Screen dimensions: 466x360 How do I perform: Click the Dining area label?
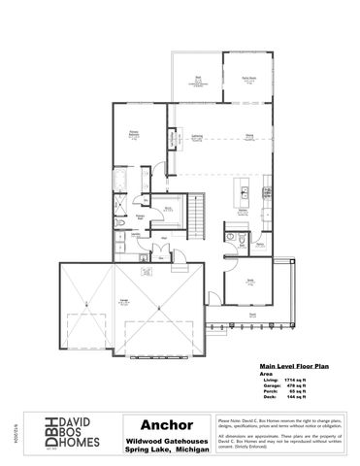coord(249,135)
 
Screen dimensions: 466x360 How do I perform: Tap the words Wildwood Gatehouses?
coord(160,440)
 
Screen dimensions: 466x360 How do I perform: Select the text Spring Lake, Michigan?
coord(160,449)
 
